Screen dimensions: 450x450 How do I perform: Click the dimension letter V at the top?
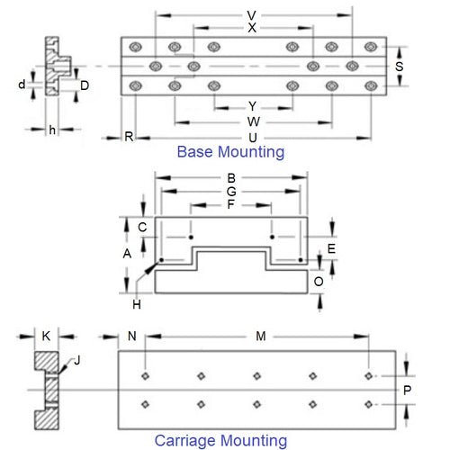[253, 15]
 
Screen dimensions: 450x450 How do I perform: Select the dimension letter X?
[253, 28]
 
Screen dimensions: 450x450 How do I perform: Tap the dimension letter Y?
[253, 106]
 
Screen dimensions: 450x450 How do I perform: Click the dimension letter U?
[253, 137]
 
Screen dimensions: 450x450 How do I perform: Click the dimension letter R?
[130, 137]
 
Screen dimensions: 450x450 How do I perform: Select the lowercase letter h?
[52, 130]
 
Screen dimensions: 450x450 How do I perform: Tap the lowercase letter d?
[22, 85]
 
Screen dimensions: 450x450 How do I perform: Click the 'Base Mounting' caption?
[230, 152]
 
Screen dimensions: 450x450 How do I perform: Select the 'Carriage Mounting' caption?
[220, 441]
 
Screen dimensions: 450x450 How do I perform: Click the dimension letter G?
[230, 191]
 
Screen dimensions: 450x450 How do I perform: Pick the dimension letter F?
[230, 204]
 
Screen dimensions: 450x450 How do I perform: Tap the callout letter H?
[137, 290]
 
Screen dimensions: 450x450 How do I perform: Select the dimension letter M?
[261, 337]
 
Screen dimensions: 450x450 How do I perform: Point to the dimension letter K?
[46, 336]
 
